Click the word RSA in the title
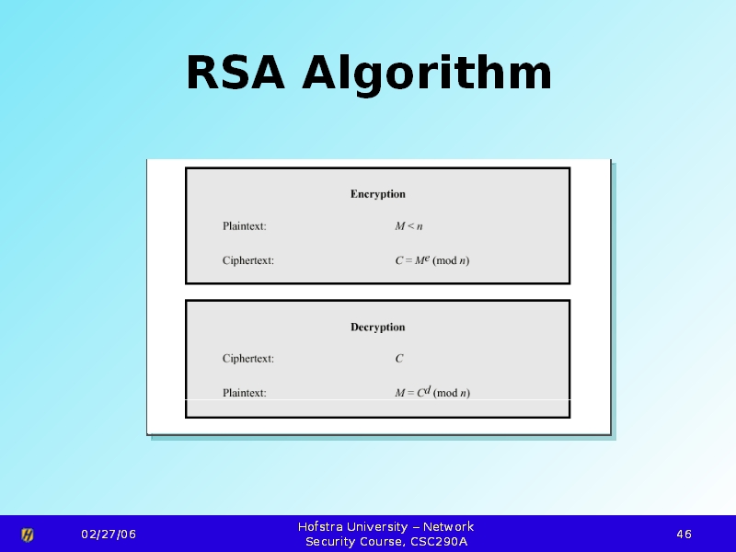[x=236, y=73]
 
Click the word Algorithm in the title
[x=427, y=75]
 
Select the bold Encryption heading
[x=378, y=194]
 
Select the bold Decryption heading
[x=378, y=328]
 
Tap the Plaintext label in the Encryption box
[x=244, y=226]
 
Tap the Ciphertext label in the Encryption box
[x=247, y=260]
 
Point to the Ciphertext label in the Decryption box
[x=247, y=359]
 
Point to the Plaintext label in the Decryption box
[x=244, y=393]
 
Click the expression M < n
[x=408, y=226]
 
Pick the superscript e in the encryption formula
[x=427, y=258]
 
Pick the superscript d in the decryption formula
[x=428, y=389]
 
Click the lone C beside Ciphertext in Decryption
[x=399, y=359]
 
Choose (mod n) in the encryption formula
[x=451, y=260]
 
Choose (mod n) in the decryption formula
[x=452, y=393]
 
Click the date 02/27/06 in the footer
[x=109, y=535]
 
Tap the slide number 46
[x=684, y=535]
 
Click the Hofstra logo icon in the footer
[x=28, y=535]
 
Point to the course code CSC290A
[x=439, y=542]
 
